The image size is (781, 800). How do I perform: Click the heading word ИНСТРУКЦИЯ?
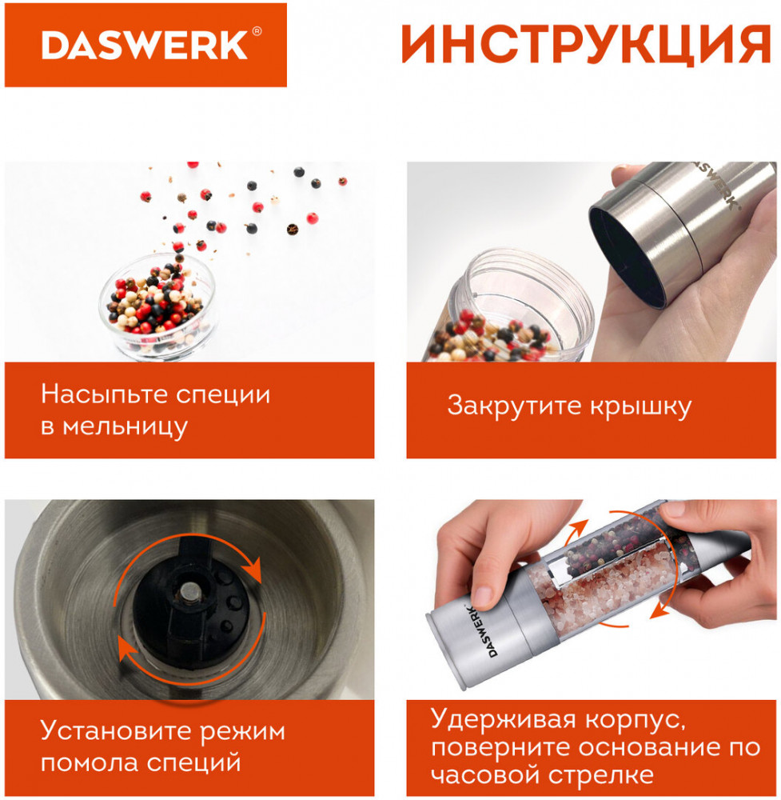pyautogui.click(x=586, y=45)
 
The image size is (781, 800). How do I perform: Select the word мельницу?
pyautogui.click(x=125, y=427)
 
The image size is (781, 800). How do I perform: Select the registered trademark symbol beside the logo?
pyautogui.click(x=257, y=32)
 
